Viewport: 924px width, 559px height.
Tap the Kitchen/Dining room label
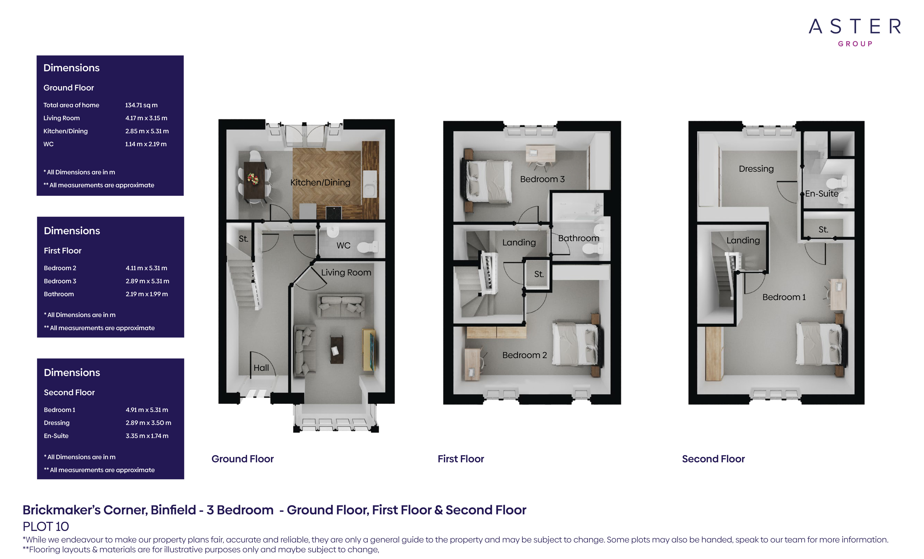pos(320,183)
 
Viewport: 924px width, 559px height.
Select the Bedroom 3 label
pos(542,179)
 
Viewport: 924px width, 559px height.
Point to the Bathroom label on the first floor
pos(579,238)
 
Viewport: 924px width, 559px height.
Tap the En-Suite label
pos(822,194)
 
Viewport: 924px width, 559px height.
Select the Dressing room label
pos(756,169)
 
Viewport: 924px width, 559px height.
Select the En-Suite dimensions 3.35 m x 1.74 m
pos(147,436)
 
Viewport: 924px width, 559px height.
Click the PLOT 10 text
pos(46,527)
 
